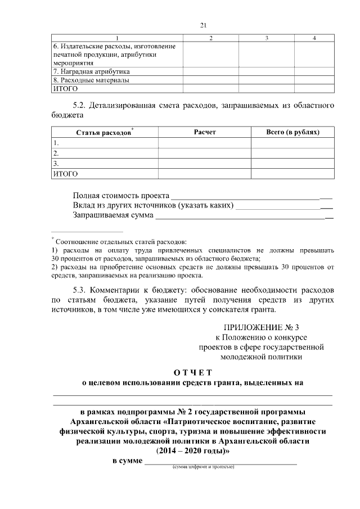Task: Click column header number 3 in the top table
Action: coord(267,38)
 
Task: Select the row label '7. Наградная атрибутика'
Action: coord(91,72)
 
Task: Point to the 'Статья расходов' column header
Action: coord(105,132)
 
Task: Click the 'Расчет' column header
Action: coord(205,132)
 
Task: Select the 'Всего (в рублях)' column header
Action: coord(292,132)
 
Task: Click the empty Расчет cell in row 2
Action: coord(205,153)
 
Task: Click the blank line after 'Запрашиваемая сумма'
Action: coord(244,216)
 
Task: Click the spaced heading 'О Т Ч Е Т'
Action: coord(192,372)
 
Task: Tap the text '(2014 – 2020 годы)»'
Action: coord(192,451)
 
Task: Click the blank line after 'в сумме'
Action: coord(220,462)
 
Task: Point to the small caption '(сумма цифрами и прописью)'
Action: coord(203,467)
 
